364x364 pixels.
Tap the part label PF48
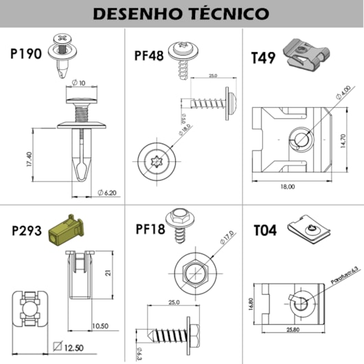(x=149, y=54)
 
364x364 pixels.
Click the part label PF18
(x=150, y=229)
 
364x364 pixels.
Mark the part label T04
(x=264, y=230)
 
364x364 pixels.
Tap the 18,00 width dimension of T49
(x=287, y=186)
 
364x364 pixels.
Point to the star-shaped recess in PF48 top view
(x=156, y=162)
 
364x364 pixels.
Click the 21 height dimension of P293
(x=109, y=273)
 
